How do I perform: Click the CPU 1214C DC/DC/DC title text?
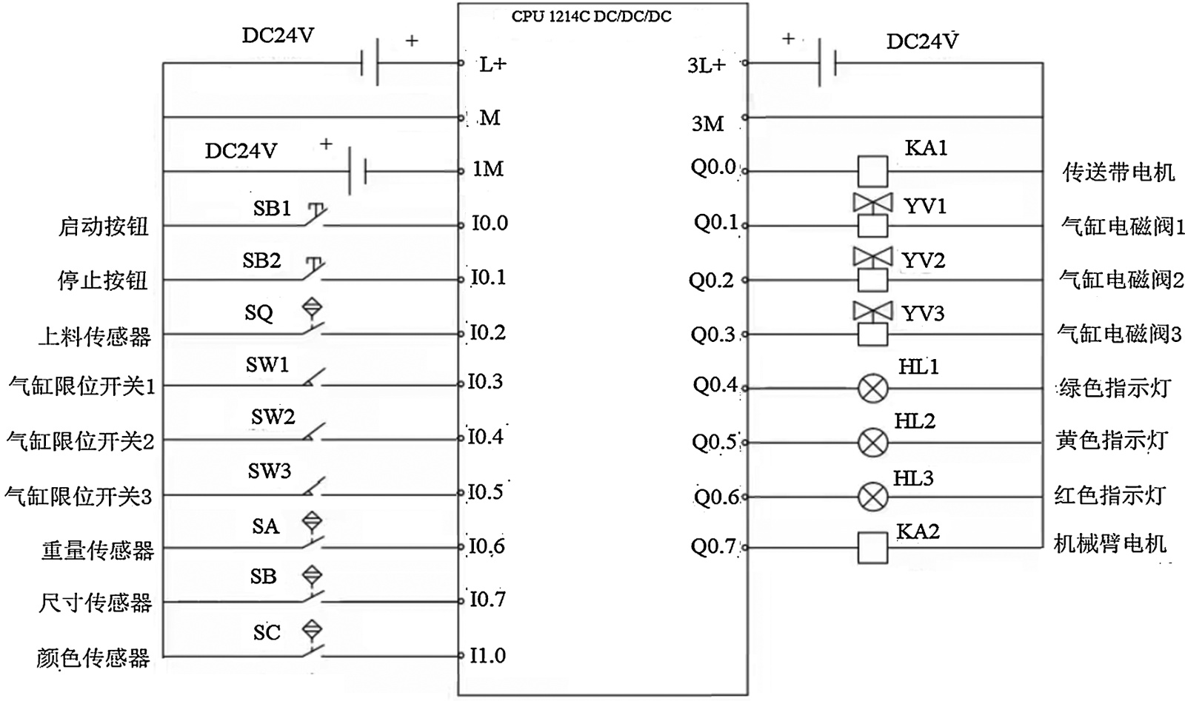click(591, 16)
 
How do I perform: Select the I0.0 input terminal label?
click(490, 223)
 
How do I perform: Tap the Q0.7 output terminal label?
click(713, 547)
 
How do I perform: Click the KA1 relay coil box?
click(872, 171)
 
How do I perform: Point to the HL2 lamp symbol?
click(872, 443)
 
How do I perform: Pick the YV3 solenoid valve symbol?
click(872, 323)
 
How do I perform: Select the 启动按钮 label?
click(104, 226)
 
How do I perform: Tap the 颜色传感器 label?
click(93, 657)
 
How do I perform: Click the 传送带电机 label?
click(1118, 172)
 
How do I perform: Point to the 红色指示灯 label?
click(1109, 495)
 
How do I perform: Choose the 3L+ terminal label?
click(706, 66)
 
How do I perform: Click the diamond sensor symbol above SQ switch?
click(313, 307)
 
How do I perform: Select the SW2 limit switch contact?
click(315, 432)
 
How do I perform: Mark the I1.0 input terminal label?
click(487, 655)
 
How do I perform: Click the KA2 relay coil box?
click(872, 548)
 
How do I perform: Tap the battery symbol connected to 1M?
click(357, 171)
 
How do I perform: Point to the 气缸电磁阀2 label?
click(1121, 280)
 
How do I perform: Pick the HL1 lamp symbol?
click(872, 388)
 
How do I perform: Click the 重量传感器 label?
click(98, 550)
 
